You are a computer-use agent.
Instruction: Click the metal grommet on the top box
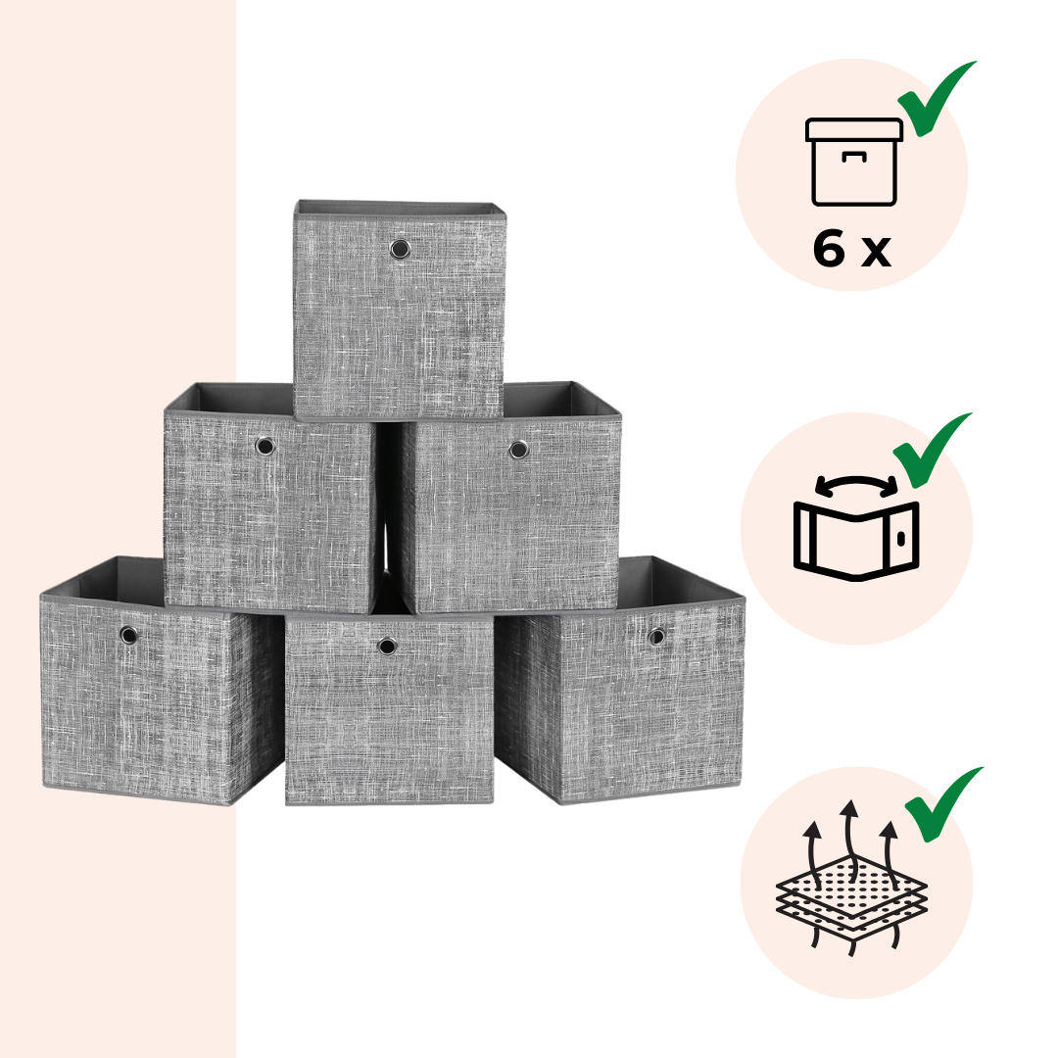pyautogui.click(x=400, y=250)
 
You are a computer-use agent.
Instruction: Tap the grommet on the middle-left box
pyautogui.click(x=265, y=446)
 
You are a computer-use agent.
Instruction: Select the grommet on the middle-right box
pyautogui.click(x=518, y=450)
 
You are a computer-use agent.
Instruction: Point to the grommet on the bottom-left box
pyautogui.click(x=128, y=635)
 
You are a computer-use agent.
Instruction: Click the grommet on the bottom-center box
pyautogui.click(x=387, y=647)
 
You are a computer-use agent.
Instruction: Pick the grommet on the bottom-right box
pyautogui.click(x=655, y=637)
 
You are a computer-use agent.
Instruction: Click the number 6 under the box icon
pyautogui.click(x=829, y=248)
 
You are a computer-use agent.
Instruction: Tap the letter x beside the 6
pyautogui.click(x=876, y=254)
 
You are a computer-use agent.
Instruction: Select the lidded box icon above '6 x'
pyautogui.click(x=853, y=162)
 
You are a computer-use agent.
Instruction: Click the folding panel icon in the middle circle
pyautogui.click(x=856, y=541)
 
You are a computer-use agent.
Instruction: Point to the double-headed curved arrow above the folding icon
pyautogui.click(x=856, y=480)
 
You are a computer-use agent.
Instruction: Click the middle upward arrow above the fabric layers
pyautogui.click(x=851, y=837)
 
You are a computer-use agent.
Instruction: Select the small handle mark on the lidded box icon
pyautogui.click(x=853, y=157)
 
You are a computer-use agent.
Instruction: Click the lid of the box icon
pyautogui.click(x=853, y=129)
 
